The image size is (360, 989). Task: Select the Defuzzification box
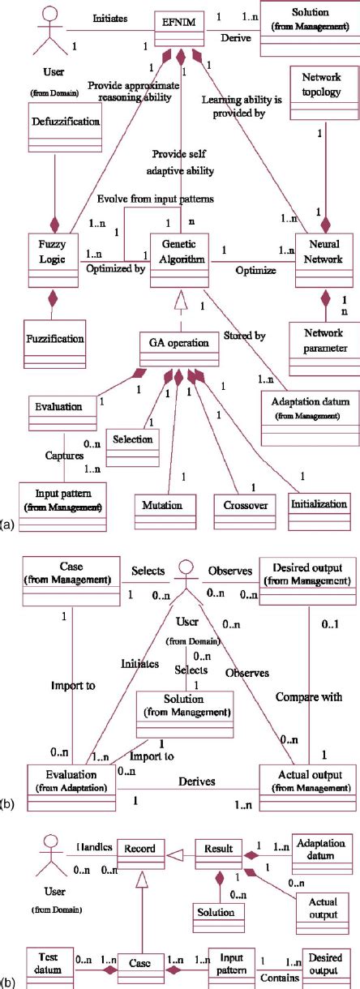tap(55, 122)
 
